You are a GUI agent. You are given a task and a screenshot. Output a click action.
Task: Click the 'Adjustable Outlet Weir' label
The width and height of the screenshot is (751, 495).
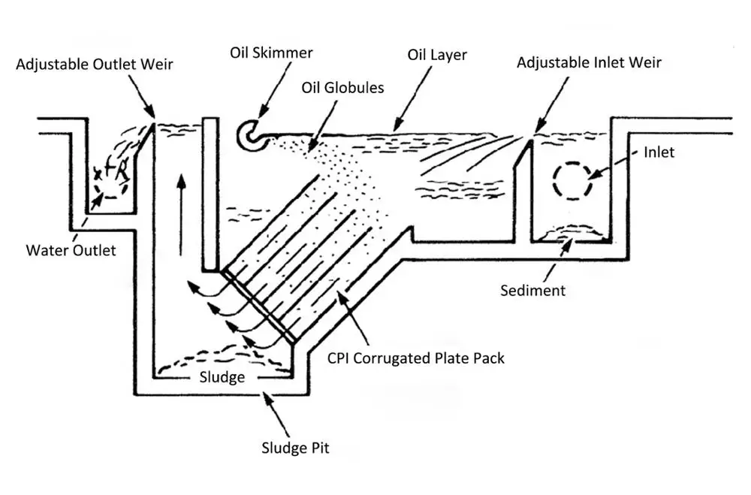(x=95, y=64)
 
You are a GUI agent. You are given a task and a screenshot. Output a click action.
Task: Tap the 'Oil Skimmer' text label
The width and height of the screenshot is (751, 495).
(x=271, y=53)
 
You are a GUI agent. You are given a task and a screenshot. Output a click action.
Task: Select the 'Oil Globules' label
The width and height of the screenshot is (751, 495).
(x=342, y=88)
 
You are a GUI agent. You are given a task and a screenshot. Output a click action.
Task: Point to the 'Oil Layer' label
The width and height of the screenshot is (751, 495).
(x=438, y=55)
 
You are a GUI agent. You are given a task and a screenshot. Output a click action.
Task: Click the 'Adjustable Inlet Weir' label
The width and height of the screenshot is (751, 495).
(x=589, y=62)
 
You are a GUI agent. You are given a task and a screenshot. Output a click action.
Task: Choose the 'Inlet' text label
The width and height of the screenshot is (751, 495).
(x=659, y=152)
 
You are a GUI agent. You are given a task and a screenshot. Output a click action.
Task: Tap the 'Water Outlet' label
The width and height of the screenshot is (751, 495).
(x=71, y=250)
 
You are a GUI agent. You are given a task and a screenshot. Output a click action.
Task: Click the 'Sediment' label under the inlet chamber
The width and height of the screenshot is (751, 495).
(x=532, y=290)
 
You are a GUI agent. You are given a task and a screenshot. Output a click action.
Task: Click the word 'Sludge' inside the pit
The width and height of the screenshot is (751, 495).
(x=222, y=376)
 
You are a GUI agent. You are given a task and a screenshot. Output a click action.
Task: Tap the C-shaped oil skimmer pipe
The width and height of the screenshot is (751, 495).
(x=250, y=136)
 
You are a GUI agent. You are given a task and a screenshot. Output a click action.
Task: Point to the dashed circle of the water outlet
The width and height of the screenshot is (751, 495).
(x=110, y=183)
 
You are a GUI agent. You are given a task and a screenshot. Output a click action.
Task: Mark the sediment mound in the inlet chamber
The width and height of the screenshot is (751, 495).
(x=572, y=236)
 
